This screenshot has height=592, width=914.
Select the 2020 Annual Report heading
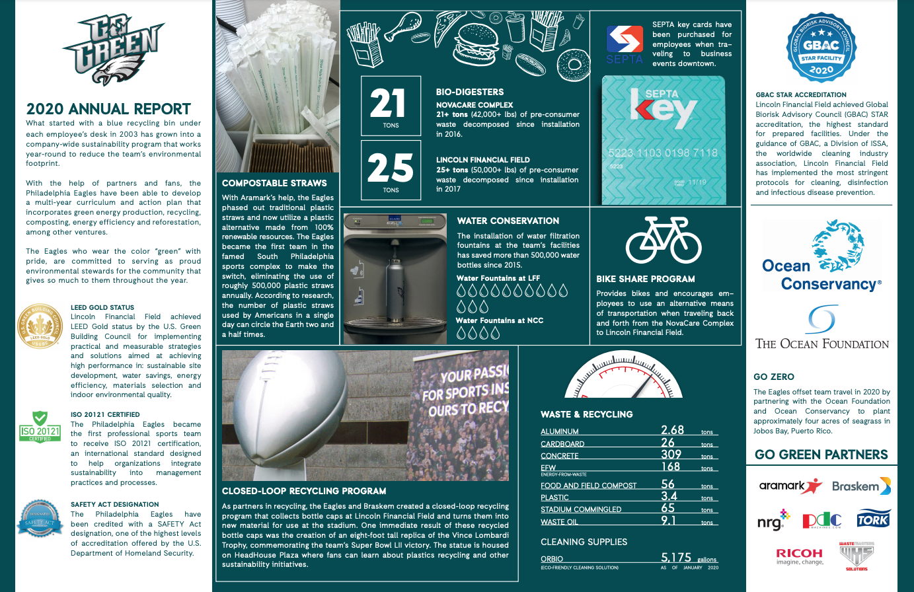(x=108, y=109)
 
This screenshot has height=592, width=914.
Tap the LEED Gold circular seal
(x=41, y=327)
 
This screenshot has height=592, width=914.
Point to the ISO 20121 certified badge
(x=40, y=427)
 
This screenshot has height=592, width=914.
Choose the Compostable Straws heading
(x=274, y=183)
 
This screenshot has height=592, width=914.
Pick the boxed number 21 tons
(x=391, y=106)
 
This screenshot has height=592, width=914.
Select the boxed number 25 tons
(x=391, y=170)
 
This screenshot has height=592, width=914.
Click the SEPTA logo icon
(x=625, y=40)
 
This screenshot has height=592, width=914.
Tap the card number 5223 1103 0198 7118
(x=663, y=153)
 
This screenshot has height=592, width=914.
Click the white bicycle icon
(x=664, y=240)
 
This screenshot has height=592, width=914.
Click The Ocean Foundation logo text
(x=822, y=344)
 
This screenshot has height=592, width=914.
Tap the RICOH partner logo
(x=799, y=556)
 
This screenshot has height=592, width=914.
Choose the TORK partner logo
(x=873, y=519)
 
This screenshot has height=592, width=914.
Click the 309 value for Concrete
(x=671, y=455)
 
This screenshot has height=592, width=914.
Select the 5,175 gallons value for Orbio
(x=676, y=558)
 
